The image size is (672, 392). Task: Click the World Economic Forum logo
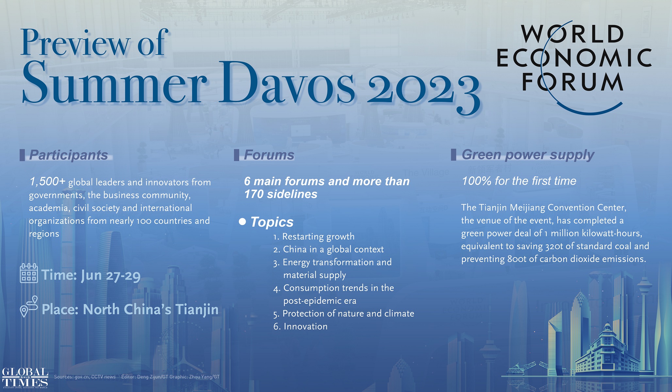coord(574,65)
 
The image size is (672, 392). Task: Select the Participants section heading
coord(69,155)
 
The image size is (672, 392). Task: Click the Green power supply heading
coord(528,155)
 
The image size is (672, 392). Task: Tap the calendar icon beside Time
coord(29,273)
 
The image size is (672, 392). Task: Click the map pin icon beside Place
coord(29,306)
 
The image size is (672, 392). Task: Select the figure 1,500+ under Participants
coord(47,182)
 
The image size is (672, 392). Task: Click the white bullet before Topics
coord(242,222)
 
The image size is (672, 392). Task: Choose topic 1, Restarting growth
coord(314,237)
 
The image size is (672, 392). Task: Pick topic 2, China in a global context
coord(328,250)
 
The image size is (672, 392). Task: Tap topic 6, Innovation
coord(301,326)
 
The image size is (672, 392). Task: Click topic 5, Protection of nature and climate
coord(344,314)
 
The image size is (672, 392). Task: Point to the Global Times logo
coord(25,378)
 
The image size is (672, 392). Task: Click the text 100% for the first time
coord(519,181)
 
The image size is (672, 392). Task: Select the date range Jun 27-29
coord(111,275)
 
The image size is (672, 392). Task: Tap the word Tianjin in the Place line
coord(197,309)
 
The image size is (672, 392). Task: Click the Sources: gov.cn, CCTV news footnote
coord(85,377)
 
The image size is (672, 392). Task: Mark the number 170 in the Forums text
coord(254,194)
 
